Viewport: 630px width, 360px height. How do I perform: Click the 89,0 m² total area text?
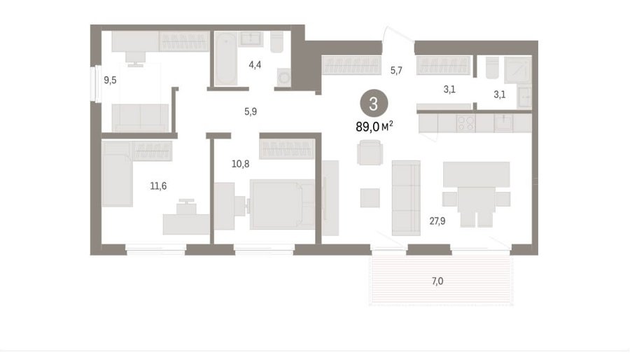pos(374,127)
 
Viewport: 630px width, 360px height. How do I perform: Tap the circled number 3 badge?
pos(374,104)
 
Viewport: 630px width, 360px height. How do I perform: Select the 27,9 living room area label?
pos(437,221)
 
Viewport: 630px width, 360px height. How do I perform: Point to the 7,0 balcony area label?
pos(437,282)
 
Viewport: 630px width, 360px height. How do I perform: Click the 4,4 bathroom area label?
pos(255,64)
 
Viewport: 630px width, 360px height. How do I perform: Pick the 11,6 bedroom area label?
pos(158,186)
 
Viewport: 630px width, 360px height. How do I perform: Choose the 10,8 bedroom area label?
pos(240,164)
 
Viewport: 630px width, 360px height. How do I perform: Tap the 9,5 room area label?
pos(110,81)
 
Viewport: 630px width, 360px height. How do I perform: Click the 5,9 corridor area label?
pos(251,111)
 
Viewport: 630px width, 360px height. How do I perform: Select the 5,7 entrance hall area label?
pos(396,71)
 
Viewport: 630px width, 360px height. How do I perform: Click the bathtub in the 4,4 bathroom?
pos(226,59)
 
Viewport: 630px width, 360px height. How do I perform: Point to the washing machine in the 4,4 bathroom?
pos(284,77)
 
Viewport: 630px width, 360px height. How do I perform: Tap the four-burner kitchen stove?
pos(466,123)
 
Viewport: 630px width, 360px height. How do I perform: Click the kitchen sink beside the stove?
pos(504,123)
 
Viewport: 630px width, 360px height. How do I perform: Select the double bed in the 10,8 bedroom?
pos(282,205)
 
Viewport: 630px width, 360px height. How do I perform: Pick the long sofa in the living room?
pos(406,198)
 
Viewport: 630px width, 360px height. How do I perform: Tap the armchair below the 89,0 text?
pos(370,152)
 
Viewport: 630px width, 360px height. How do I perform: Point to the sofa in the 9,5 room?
pos(140,118)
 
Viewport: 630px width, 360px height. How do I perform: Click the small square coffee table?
pos(370,198)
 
